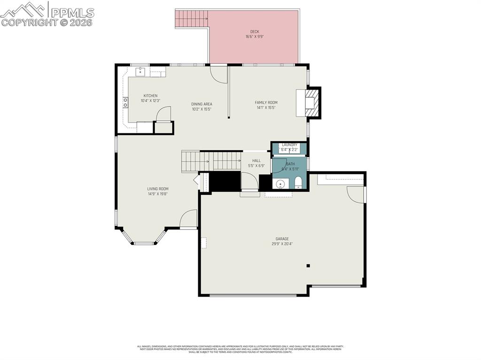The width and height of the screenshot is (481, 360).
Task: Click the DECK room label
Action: tap(254, 32)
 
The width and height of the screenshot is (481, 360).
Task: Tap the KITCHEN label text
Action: tap(150, 96)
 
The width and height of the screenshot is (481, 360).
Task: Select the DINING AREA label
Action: tap(202, 104)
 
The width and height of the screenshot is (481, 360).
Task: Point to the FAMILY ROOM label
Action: tap(266, 102)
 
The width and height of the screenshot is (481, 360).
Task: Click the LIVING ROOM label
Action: tap(157, 189)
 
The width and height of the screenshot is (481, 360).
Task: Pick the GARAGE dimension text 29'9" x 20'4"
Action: tap(282, 244)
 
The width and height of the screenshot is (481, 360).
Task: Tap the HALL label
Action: tap(256, 161)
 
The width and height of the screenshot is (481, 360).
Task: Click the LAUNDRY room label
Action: tap(289, 145)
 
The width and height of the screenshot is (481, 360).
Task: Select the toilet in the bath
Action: tap(298, 182)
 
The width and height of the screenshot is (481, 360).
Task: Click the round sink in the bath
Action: tap(280, 184)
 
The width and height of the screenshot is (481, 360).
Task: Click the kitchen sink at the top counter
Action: tap(140, 72)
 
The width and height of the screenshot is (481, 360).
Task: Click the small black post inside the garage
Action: tap(308, 266)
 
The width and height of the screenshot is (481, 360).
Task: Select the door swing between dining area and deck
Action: tap(218, 73)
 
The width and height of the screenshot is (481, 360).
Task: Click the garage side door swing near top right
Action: tap(356, 194)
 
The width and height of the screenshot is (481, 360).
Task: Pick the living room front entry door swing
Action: tap(188, 219)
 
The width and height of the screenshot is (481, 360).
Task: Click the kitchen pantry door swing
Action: tap(163, 114)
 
